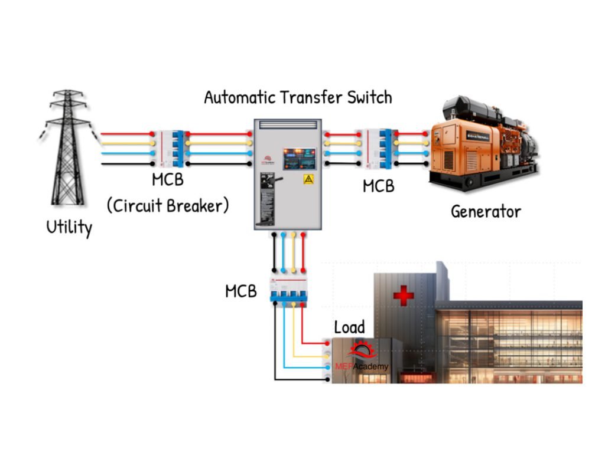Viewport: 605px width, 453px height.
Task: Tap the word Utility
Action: (69, 227)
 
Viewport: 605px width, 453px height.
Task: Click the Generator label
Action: (486, 211)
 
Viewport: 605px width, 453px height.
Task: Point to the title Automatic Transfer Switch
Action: (298, 97)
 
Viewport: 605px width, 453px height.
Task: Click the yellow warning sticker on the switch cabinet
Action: (308, 179)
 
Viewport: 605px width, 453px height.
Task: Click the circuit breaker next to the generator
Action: (378, 148)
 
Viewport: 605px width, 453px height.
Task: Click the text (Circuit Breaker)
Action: (168, 206)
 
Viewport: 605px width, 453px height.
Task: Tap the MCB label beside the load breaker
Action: (241, 291)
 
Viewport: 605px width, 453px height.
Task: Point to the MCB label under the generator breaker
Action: (378, 186)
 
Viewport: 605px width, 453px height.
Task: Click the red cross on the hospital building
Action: (404, 294)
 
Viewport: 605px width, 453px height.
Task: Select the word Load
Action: (350, 327)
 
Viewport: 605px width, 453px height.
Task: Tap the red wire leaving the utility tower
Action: (124, 134)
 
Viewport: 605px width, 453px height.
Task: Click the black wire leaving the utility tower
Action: (124, 163)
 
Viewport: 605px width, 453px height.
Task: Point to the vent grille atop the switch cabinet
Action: (288, 124)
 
